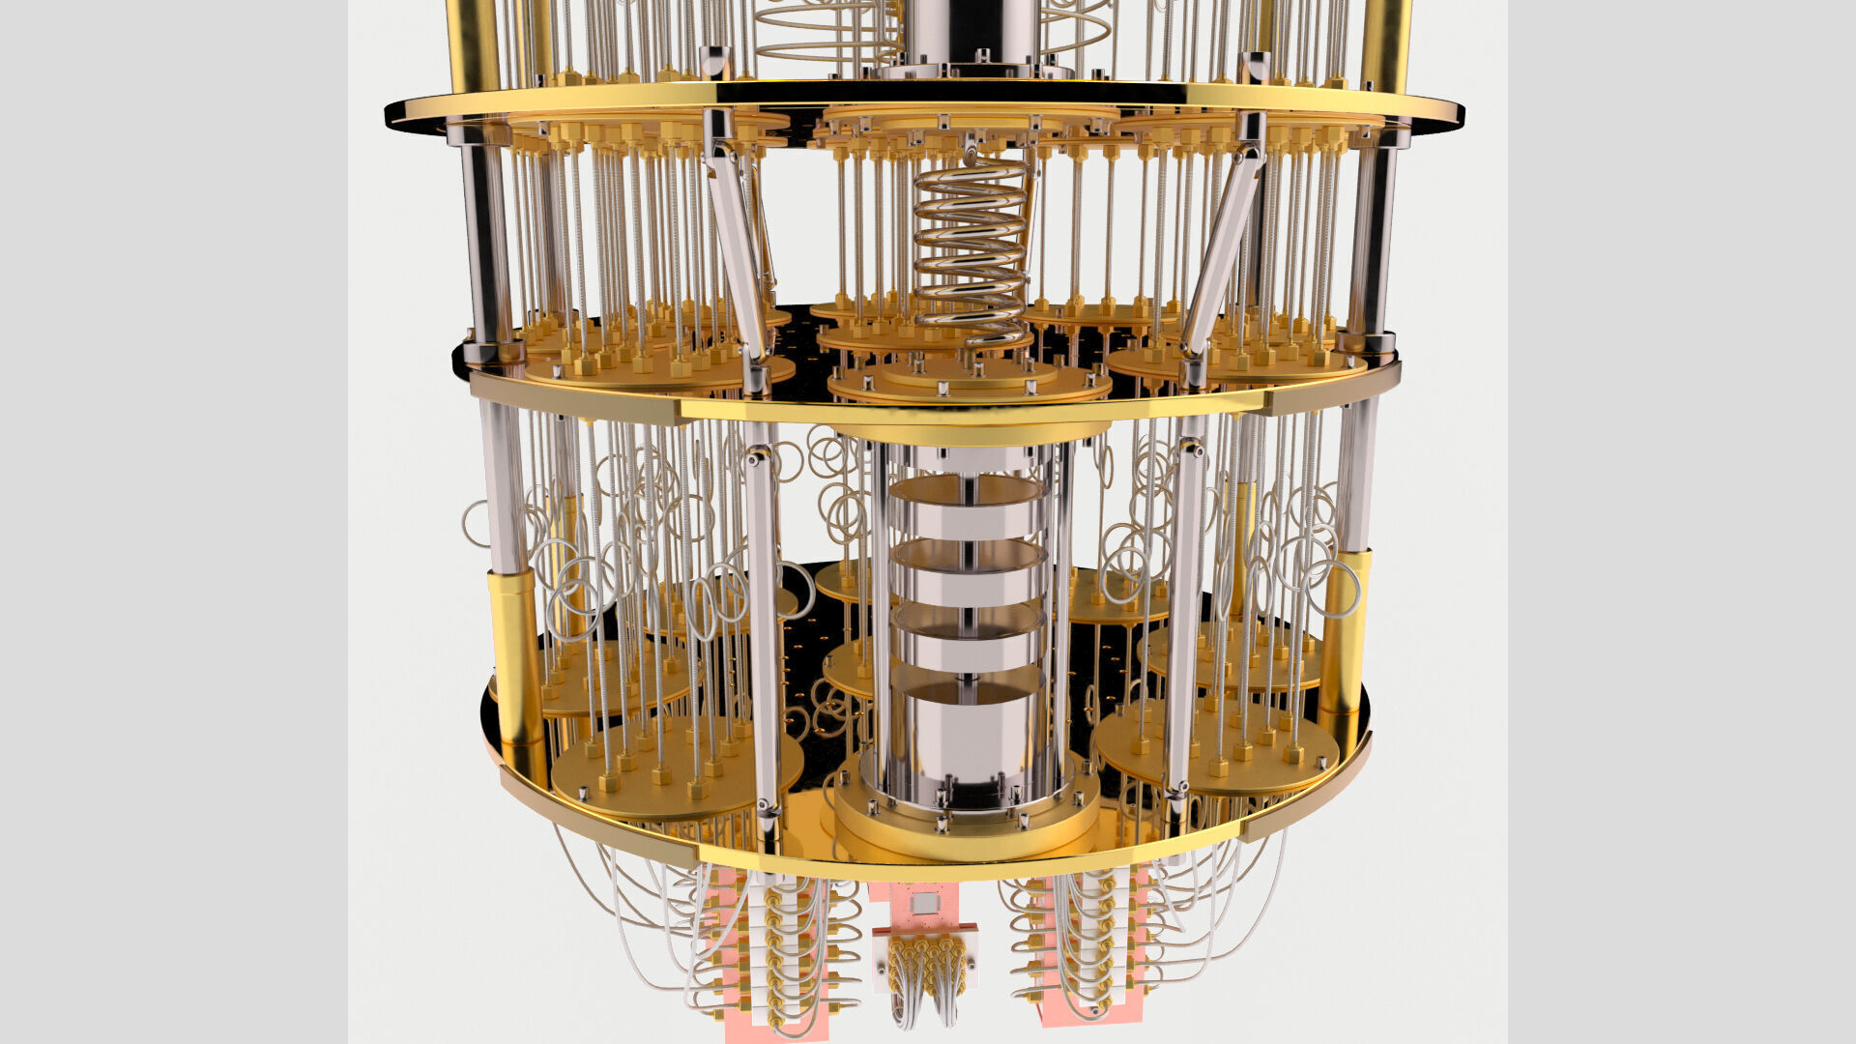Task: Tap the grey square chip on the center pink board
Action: [x=926, y=903]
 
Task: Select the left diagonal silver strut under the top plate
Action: [x=737, y=242]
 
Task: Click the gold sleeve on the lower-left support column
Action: [x=516, y=657]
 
